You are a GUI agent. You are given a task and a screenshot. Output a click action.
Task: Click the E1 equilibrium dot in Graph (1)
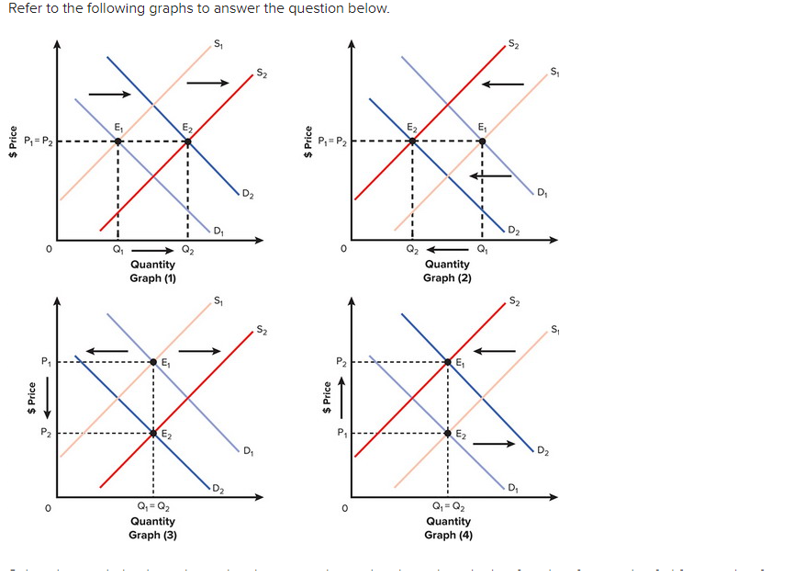tap(117, 141)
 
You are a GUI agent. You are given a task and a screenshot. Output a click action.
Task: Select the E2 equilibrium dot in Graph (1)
tap(188, 141)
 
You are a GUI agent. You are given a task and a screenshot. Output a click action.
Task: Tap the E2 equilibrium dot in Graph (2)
tap(412, 141)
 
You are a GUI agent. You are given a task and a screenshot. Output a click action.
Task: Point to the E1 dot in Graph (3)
tap(153, 363)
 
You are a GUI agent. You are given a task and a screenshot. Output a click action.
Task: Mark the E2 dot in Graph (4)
tap(448, 433)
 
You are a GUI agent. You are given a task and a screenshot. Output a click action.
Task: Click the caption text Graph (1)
tap(152, 277)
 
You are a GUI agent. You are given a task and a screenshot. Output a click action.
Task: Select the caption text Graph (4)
tap(447, 535)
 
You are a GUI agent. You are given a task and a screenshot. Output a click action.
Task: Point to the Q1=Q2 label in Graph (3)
tap(152, 507)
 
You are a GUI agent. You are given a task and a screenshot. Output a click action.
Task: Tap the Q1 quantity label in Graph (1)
tap(117, 249)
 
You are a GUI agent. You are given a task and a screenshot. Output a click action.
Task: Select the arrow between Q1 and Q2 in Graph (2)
tap(448, 249)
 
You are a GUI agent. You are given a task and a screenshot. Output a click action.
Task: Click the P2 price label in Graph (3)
tap(43, 433)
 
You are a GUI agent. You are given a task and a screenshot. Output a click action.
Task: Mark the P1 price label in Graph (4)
tap(339, 433)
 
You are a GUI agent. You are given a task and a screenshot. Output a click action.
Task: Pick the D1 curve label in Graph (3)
tap(248, 450)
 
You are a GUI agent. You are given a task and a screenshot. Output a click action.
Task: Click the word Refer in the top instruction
tap(25, 8)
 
